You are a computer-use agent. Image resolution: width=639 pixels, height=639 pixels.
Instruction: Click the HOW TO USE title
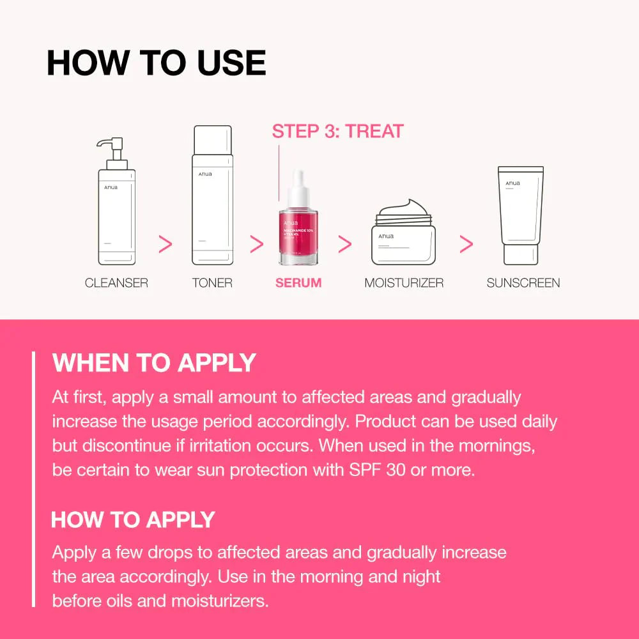156,63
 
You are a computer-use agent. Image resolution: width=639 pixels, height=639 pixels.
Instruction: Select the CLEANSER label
116,282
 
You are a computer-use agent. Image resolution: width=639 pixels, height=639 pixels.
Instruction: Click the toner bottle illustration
212,195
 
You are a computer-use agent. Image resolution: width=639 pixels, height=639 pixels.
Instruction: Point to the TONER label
212,282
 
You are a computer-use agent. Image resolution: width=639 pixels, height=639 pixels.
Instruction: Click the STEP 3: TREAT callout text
337,132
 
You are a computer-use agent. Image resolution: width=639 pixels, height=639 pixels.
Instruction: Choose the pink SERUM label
298,282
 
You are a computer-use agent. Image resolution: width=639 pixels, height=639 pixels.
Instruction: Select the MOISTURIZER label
404,282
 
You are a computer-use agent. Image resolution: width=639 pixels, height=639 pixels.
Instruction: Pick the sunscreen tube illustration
521,215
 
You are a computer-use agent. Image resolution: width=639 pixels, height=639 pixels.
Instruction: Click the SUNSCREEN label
523,282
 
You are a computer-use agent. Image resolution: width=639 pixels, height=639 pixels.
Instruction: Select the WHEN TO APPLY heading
154,363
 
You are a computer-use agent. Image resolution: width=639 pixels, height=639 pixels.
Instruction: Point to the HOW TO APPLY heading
133,520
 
